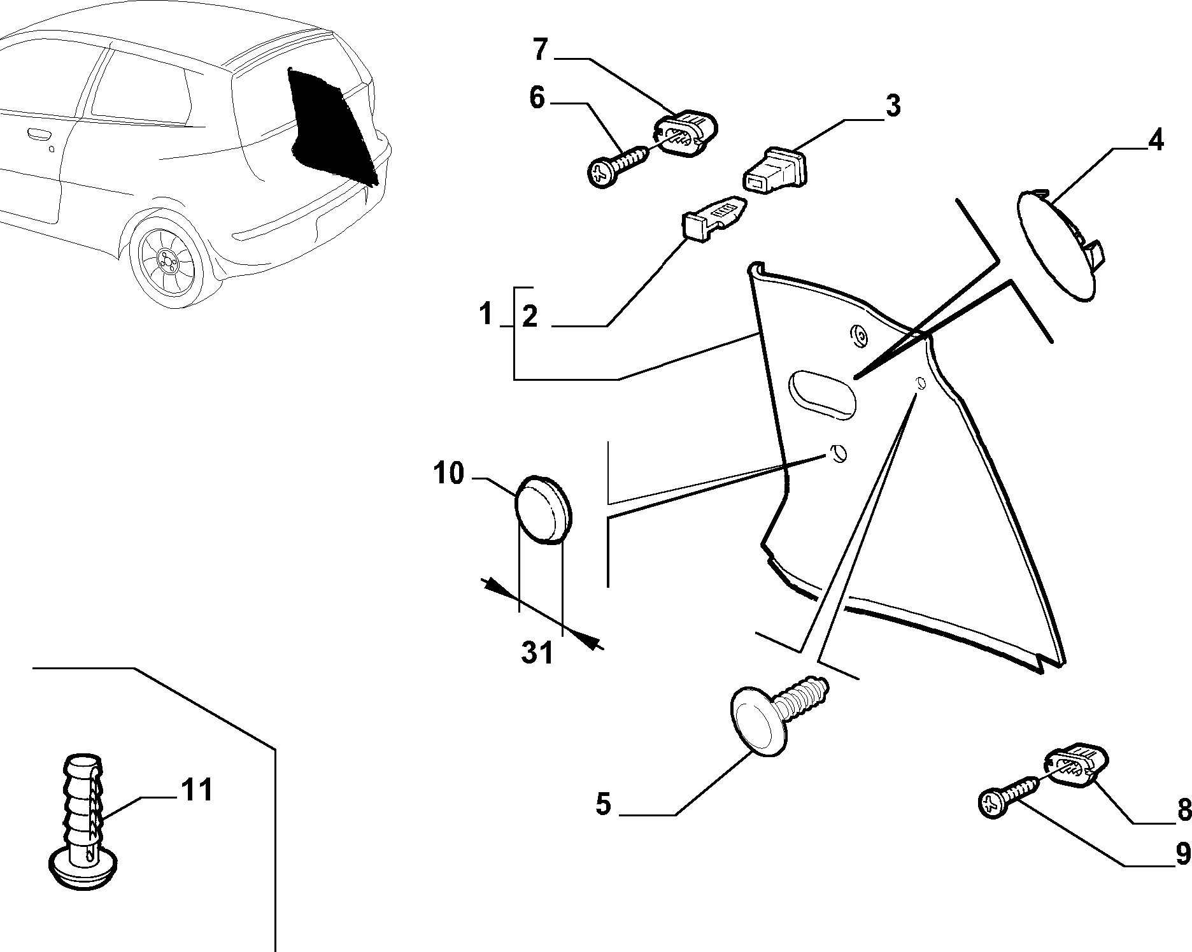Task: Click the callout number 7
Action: coord(540,51)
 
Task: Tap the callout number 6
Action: coord(537,99)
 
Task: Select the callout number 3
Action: coord(893,106)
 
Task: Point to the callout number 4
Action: coord(1156,140)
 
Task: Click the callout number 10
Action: coord(449,474)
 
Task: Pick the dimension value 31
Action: coord(537,653)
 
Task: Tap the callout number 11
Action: coord(197,790)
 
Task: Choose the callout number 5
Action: coord(603,804)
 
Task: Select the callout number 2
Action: coord(530,316)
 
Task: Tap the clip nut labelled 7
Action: coord(685,133)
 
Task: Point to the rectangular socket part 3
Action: coord(776,169)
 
